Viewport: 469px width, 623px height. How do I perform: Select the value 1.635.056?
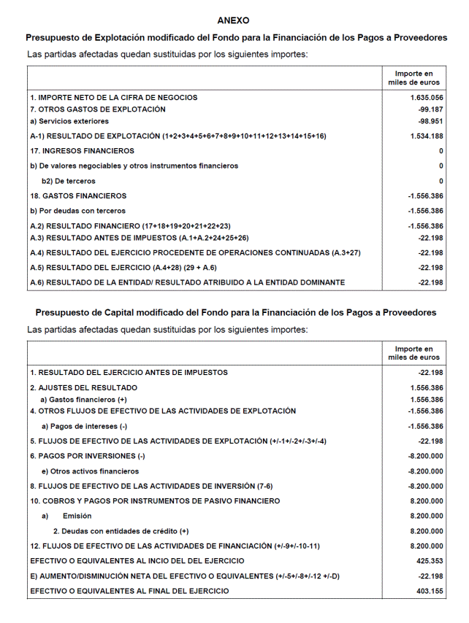click(427, 97)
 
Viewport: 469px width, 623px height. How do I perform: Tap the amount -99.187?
click(429, 109)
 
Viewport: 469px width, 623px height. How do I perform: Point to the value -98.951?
click(429, 121)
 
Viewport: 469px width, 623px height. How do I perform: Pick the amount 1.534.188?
click(427, 136)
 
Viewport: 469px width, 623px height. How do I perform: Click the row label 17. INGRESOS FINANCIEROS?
click(82, 151)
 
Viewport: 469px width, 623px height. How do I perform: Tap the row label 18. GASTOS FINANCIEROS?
click(78, 196)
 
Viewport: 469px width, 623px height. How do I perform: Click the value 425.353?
click(429, 562)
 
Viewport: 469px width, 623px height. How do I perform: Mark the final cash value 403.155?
click(429, 592)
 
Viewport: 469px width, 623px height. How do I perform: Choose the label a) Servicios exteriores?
click(69, 121)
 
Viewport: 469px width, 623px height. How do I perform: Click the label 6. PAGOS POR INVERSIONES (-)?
click(88, 456)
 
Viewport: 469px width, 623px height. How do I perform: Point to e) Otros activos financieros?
click(90, 471)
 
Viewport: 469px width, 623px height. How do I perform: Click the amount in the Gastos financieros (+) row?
click(427, 400)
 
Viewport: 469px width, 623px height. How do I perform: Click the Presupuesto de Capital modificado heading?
click(236, 312)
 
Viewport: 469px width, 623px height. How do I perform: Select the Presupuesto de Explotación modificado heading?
click(236, 37)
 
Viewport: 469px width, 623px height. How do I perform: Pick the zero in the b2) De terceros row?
click(441, 181)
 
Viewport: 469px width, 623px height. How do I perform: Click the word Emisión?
click(77, 516)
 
